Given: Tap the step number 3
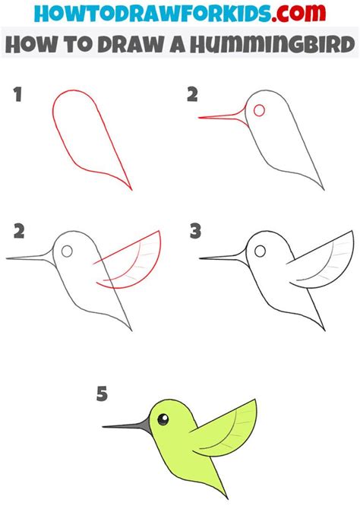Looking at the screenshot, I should pos(196,230).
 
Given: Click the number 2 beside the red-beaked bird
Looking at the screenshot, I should pos(193,96).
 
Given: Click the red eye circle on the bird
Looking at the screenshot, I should pos(260,111).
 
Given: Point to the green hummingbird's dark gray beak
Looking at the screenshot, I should pos(125,425).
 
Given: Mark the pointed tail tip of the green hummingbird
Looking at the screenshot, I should pos(226,498).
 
